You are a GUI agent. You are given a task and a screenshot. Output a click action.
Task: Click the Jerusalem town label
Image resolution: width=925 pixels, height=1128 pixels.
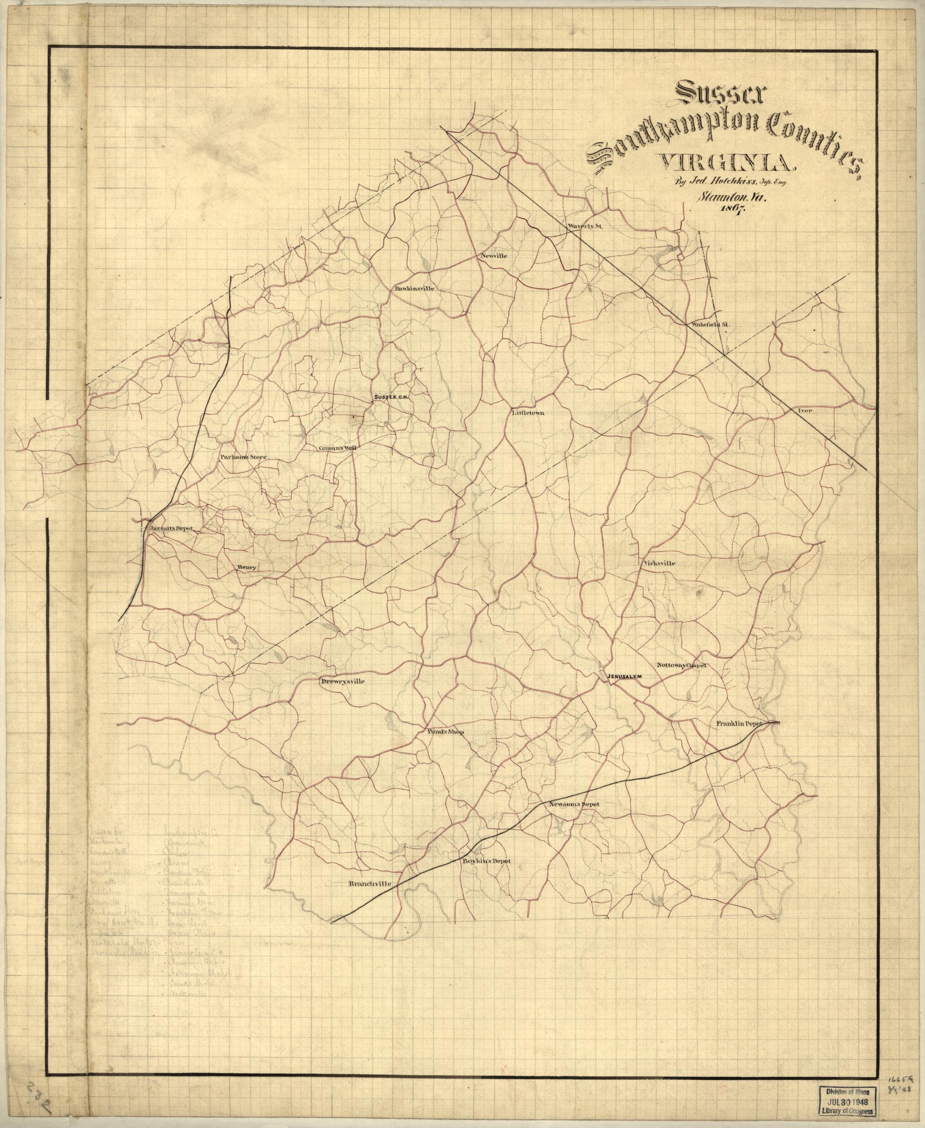(x=626, y=676)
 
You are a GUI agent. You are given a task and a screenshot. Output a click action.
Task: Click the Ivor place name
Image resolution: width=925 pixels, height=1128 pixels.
(x=804, y=411)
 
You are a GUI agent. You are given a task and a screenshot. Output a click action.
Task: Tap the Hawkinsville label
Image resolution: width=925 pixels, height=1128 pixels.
(x=415, y=288)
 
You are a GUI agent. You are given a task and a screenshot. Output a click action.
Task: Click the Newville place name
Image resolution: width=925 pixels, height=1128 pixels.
(x=494, y=256)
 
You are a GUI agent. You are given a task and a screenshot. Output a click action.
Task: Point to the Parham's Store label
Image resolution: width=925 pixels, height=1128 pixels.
(x=243, y=457)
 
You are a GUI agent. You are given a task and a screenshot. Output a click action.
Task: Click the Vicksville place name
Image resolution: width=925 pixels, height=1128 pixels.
(x=659, y=563)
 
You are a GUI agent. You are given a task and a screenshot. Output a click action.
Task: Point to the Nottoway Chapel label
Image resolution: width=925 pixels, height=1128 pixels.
(x=682, y=666)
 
